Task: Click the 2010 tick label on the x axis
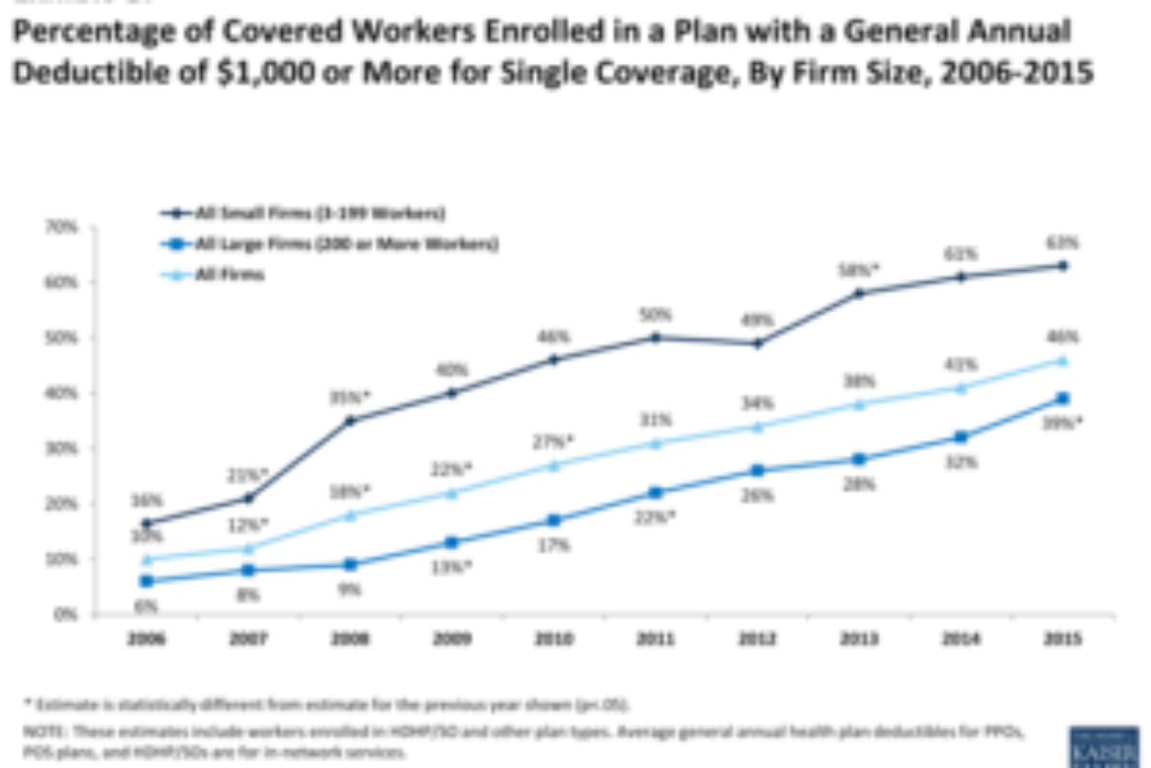554,639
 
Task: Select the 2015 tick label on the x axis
1062,639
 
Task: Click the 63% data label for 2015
1062,243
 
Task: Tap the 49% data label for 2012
757,321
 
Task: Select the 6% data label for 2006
146,607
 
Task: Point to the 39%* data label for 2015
1062,423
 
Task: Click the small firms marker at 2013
859,293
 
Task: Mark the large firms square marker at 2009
452,542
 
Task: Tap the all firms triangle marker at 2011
655,443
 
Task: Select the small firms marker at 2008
351,421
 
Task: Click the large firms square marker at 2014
961,437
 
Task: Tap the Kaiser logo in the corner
1103,746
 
